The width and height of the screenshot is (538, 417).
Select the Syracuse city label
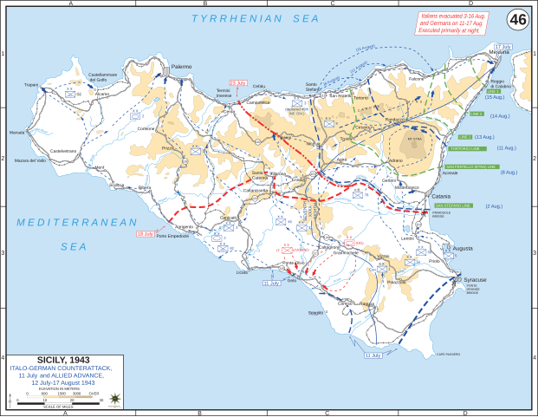tap(476, 280)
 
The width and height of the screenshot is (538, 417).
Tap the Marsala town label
tap(17, 133)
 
